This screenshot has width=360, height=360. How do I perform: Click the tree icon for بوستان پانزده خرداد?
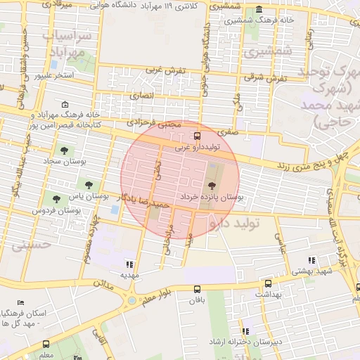pyautogui.click(x=212, y=186)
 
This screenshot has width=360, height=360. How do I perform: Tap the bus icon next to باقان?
pyautogui.click(x=198, y=288)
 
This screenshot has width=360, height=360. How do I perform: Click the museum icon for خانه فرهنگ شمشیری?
pyautogui.click(x=259, y=10)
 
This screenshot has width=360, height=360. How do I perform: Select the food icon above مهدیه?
pyautogui.click(x=129, y=264)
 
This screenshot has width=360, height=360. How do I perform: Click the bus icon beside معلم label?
pyautogui.click(x=46, y=345)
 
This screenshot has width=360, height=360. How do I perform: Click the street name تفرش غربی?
pyautogui.click(x=165, y=70)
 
